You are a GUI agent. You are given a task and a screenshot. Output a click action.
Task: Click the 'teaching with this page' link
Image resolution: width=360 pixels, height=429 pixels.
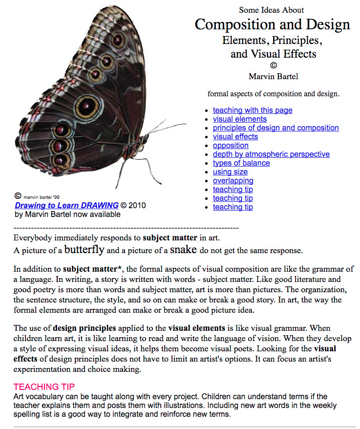tap(253, 110)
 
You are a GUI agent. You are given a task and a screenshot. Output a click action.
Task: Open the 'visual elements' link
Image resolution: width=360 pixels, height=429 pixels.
tap(240, 119)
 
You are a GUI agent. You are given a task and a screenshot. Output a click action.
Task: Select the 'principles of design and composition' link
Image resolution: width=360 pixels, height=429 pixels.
tap(275, 128)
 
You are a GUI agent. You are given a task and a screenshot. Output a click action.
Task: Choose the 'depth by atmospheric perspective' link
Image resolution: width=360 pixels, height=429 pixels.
tap(271, 154)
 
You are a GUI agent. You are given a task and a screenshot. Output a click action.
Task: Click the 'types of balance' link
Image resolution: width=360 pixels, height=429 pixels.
tap(241, 163)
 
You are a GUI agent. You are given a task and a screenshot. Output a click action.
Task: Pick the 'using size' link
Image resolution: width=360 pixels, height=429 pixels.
tap(230, 172)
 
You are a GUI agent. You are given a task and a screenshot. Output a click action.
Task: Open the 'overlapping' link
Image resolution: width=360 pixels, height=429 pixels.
tap(233, 181)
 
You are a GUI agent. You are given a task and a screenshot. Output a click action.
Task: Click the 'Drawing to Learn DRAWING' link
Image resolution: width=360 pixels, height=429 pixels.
tap(66, 205)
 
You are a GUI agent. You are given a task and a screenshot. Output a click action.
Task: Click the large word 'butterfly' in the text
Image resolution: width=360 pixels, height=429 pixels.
tap(84, 250)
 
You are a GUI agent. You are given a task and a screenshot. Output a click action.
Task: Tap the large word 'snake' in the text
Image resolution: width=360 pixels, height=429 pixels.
tap(183, 250)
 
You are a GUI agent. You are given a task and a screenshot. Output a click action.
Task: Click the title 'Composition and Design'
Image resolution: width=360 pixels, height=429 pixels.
tap(273, 24)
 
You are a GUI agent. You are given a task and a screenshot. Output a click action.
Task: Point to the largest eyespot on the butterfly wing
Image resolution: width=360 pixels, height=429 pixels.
tap(87, 105)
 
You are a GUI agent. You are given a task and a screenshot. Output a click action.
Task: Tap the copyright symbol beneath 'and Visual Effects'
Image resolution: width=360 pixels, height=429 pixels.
tap(273, 65)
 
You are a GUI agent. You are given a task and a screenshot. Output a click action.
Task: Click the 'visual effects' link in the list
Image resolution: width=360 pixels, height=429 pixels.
tap(235, 137)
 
